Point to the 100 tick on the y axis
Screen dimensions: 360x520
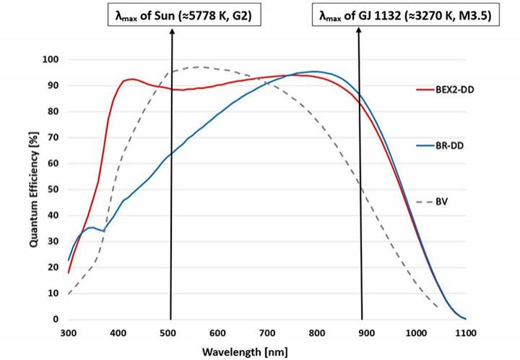(51, 59)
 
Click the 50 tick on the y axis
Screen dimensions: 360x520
(53, 189)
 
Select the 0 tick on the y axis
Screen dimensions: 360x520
(56, 320)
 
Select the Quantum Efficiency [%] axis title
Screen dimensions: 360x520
(33, 189)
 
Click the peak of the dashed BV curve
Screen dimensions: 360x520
(199, 67)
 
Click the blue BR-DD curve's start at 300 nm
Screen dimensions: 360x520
(69, 260)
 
